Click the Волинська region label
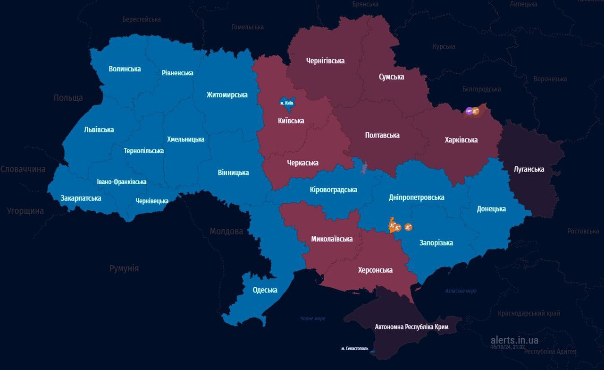click(125, 69)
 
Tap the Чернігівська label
click(325, 61)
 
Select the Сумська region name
click(391, 77)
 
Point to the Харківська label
click(461, 140)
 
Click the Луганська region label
click(529, 169)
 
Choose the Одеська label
click(265, 290)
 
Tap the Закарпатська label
click(81, 198)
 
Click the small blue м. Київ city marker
click(286, 103)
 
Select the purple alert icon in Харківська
click(469, 111)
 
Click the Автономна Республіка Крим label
click(411, 327)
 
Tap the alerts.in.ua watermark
click(514, 340)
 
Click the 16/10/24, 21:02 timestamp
click(507, 347)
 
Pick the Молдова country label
click(226, 231)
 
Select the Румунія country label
click(124, 268)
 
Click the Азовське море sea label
click(461, 291)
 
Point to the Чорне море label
click(313, 318)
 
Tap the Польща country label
click(68, 98)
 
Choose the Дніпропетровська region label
click(416, 198)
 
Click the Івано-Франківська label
click(121, 182)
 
